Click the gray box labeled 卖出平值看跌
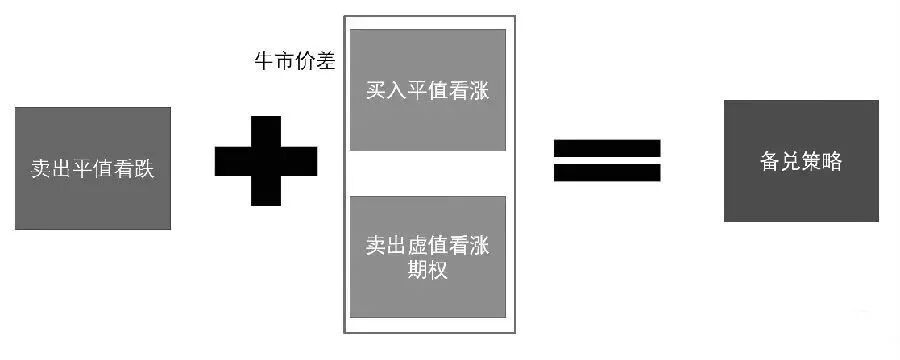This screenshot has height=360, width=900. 93,168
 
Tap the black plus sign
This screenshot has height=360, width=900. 265,160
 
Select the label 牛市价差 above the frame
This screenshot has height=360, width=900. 292,60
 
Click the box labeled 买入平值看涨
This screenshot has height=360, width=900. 427,90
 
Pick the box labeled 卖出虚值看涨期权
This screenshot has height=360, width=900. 427,257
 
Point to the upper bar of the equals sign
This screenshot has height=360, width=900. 607,148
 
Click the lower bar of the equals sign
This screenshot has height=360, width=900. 607,172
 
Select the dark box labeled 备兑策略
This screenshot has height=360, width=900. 801,161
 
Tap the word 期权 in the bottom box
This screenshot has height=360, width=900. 427,269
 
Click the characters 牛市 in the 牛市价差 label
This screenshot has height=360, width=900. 270,60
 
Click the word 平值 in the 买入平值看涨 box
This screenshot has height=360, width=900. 427,90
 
